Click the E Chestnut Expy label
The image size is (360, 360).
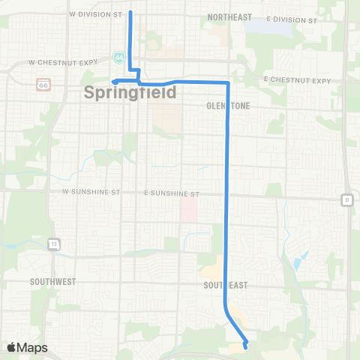[x=297, y=80]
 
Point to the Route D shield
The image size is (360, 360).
[x=346, y=199]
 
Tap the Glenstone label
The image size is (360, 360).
[x=227, y=106]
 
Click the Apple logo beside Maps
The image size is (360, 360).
[x=13, y=347]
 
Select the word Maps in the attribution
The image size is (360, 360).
[x=33, y=348]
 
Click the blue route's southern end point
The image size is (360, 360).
[x=246, y=346]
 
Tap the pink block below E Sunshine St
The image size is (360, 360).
[x=189, y=211]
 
